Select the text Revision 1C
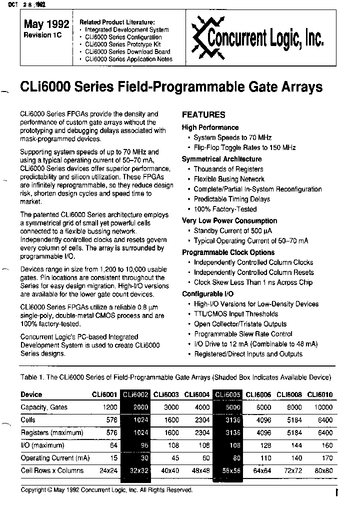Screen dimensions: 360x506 [43, 35]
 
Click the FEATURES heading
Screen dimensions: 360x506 [203, 114]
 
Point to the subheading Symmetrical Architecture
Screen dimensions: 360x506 [221, 159]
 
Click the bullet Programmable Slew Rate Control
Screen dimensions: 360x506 [243, 334]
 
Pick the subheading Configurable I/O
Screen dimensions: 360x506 [209, 294]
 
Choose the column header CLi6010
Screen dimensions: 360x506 [320, 394]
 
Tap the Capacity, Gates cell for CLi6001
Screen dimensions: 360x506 [110, 407]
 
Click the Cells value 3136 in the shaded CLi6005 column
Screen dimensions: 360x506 [228, 420]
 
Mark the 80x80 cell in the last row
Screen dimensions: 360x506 [322, 470]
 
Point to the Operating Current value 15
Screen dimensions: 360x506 [114, 458]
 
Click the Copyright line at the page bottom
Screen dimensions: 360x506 [106, 490]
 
